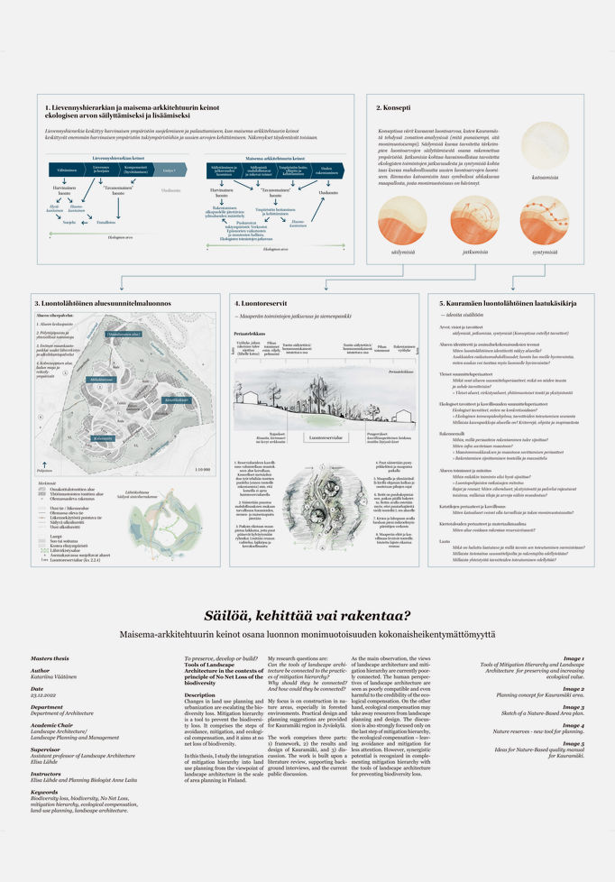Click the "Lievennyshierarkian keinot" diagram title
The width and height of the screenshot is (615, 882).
pyautogui.click(x=119, y=156)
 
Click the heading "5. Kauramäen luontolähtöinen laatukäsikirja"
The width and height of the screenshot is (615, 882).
pyautogui.click(x=499, y=303)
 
